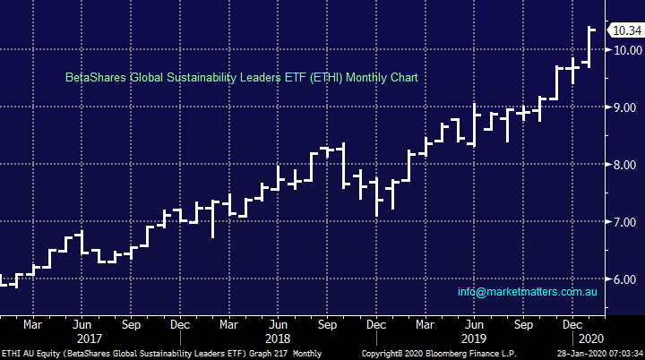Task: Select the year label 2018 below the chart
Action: pos(279,339)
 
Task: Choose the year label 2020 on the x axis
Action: pos(589,339)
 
